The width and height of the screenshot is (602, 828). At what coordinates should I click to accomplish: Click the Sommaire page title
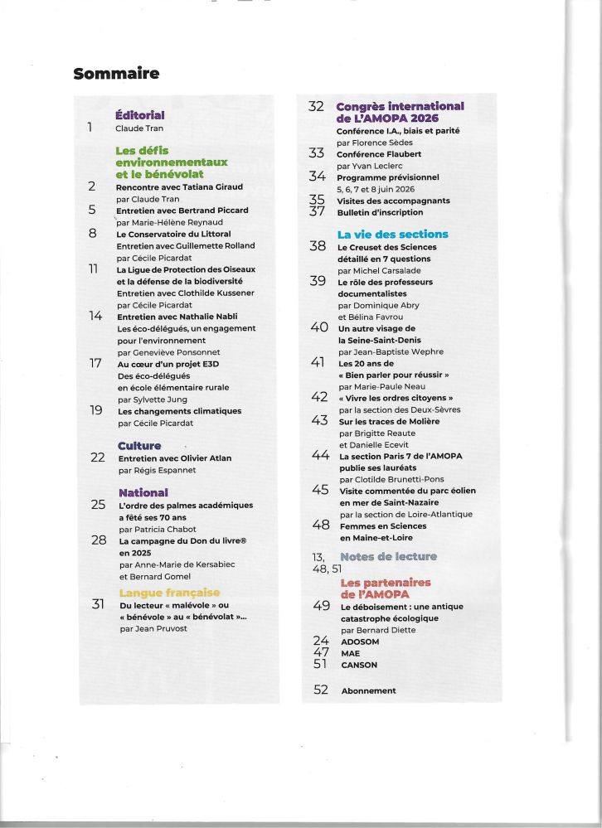(x=116, y=74)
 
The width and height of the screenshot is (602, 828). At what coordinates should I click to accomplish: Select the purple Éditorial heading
(x=140, y=115)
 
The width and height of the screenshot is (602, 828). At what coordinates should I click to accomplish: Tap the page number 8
(x=93, y=234)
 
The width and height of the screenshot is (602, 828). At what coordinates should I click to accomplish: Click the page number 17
(x=95, y=363)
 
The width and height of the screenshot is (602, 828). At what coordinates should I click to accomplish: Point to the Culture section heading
(x=139, y=446)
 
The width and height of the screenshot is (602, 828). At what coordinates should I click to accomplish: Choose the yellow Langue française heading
(x=170, y=593)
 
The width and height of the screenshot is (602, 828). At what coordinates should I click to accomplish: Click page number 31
(x=98, y=604)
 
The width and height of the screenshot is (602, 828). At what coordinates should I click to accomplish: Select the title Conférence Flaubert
(x=379, y=153)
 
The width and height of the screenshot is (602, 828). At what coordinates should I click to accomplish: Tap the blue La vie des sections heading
(x=392, y=235)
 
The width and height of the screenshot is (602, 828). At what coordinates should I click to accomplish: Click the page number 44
(x=321, y=455)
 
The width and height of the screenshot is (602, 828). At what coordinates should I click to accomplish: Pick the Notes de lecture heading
(x=388, y=556)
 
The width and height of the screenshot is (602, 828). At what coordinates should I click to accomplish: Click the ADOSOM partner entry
(x=360, y=641)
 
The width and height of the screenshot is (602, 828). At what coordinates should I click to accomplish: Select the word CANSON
(x=359, y=665)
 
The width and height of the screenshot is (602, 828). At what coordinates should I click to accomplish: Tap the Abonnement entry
(x=368, y=690)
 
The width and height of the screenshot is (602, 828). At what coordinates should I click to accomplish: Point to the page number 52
(x=321, y=690)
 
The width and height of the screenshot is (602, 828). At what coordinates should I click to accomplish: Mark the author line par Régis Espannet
(x=158, y=469)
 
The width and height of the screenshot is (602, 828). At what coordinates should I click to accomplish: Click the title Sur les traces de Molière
(x=389, y=421)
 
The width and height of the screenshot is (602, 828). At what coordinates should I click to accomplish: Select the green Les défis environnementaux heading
(x=172, y=162)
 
